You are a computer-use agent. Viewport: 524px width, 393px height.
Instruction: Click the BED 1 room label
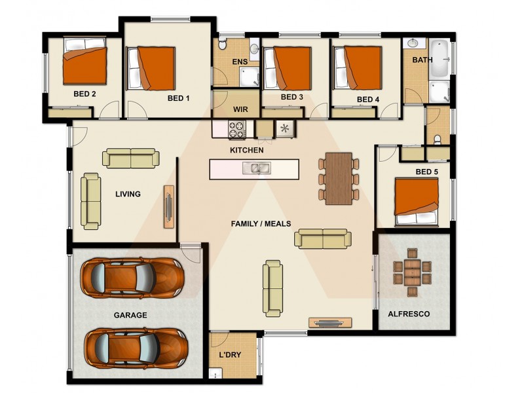(x=178, y=99)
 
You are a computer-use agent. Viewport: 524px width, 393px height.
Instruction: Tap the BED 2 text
(x=85, y=94)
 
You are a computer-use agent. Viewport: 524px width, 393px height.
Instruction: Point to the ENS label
(x=239, y=62)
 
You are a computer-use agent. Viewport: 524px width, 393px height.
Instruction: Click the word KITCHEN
(x=246, y=150)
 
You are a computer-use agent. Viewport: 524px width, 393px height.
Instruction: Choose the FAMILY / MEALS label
(x=261, y=223)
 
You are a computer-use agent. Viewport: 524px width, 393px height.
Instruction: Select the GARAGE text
(x=130, y=315)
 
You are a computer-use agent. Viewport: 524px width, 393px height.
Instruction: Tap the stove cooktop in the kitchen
(x=235, y=130)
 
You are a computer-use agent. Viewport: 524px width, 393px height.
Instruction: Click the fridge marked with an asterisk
(x=284, y=128)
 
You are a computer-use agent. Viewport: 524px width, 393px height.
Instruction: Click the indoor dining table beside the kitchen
(x=339, y=178)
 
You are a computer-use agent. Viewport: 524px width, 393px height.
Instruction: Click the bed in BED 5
(x=417, y=200)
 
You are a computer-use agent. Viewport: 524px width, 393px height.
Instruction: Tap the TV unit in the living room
(x=169, y=206)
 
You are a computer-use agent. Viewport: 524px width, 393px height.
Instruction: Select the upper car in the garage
(x=131, y=276)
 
